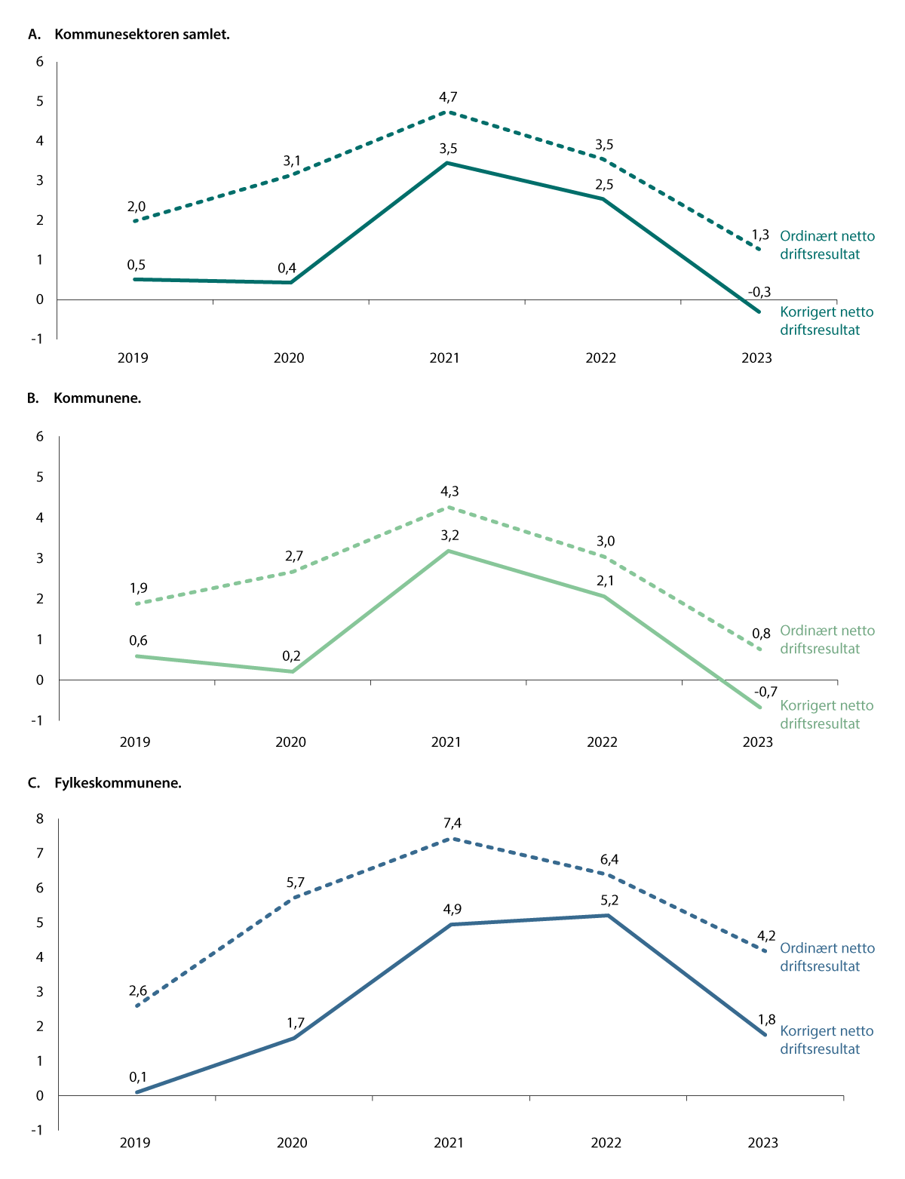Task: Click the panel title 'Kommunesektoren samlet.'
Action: (x=142, y=34)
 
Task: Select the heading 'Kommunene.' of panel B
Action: (x=97, y=398)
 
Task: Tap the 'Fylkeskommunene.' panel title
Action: (x=118, y=782)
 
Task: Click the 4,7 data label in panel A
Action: (x=449, y=97)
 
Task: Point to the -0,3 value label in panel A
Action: (x=759, y=292)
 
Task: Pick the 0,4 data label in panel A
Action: (x=287, y=268)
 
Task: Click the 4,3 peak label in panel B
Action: (x=449, y=491)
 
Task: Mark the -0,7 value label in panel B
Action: (x=765, y=691)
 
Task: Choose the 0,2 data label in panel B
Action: (x=291, y=656)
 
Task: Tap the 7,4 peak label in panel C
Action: (x=452, y=823)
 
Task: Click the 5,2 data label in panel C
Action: (x=609, y=900)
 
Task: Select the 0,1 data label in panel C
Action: (x=138, y=1076)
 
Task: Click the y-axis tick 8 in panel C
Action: (x=41, y=818)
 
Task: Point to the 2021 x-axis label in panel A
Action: (x=444, y=358)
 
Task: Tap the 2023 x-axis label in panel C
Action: (x=762, y=1142)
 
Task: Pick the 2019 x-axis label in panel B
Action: (x=135, y=741)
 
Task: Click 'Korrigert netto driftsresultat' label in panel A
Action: (x=827, y=321)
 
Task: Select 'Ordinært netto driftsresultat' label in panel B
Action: (x=827, y=640)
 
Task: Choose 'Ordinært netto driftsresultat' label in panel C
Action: (x=827, y=957)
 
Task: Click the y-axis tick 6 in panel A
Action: (x=40, y=62)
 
